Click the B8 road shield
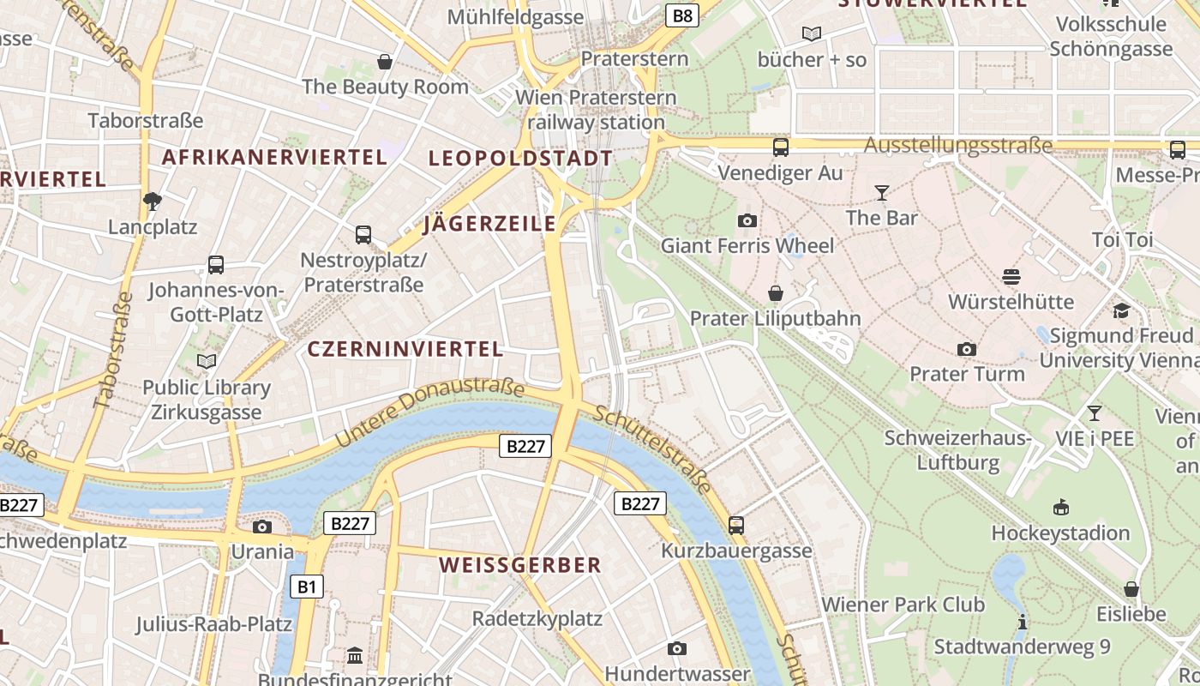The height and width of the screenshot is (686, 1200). click(x=682, y=15)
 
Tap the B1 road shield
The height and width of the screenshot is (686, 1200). click(x=307, y=587)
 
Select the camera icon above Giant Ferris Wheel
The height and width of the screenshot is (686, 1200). click(x=747, y=221)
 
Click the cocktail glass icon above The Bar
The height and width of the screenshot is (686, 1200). click(x=881, y=192)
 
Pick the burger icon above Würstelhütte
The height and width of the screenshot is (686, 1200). click(x=1011, y=276)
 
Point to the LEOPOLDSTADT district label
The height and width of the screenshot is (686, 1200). click(x=520, y=158)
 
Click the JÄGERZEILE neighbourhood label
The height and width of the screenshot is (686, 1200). click(x=489, y=225)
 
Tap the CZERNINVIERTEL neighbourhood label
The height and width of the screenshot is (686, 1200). click(x=405, y=349)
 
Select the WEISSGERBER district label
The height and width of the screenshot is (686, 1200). click(x=520, y=565)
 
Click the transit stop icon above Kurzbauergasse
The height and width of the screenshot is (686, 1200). click(x=735, y=525)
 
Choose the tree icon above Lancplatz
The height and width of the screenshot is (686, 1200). click(x=153, y=202)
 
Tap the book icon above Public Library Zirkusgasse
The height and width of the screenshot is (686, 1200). click(x=206, y=361)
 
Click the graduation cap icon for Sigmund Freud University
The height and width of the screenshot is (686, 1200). click(x=1121, y=310)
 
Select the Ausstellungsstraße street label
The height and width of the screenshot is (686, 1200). click(x=957, y=145)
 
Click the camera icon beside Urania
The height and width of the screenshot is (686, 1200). click(x=262, y=527)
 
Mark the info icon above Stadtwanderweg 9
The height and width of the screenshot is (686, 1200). click(x=1022, y=622)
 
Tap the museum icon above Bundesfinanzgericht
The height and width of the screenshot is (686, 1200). click(x=355, y=656)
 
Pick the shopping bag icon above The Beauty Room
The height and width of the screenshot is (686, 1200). click(x=385, y=62)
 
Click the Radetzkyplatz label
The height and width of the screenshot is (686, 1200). click(x=537, y=618)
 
